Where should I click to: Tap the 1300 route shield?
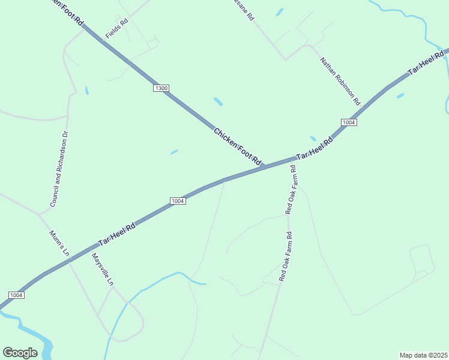pos(161,88)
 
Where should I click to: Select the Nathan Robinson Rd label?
pos(340,80)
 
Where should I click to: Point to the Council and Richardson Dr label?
pos(60,169)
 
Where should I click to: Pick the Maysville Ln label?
pos(102,269)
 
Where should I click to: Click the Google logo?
pos(20,353)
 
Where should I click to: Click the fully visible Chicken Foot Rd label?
pos(238,146)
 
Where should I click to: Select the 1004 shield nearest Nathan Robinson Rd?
pos(349,122)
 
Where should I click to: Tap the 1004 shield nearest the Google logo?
pos(16,295)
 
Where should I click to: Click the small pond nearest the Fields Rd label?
pos(87,91)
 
